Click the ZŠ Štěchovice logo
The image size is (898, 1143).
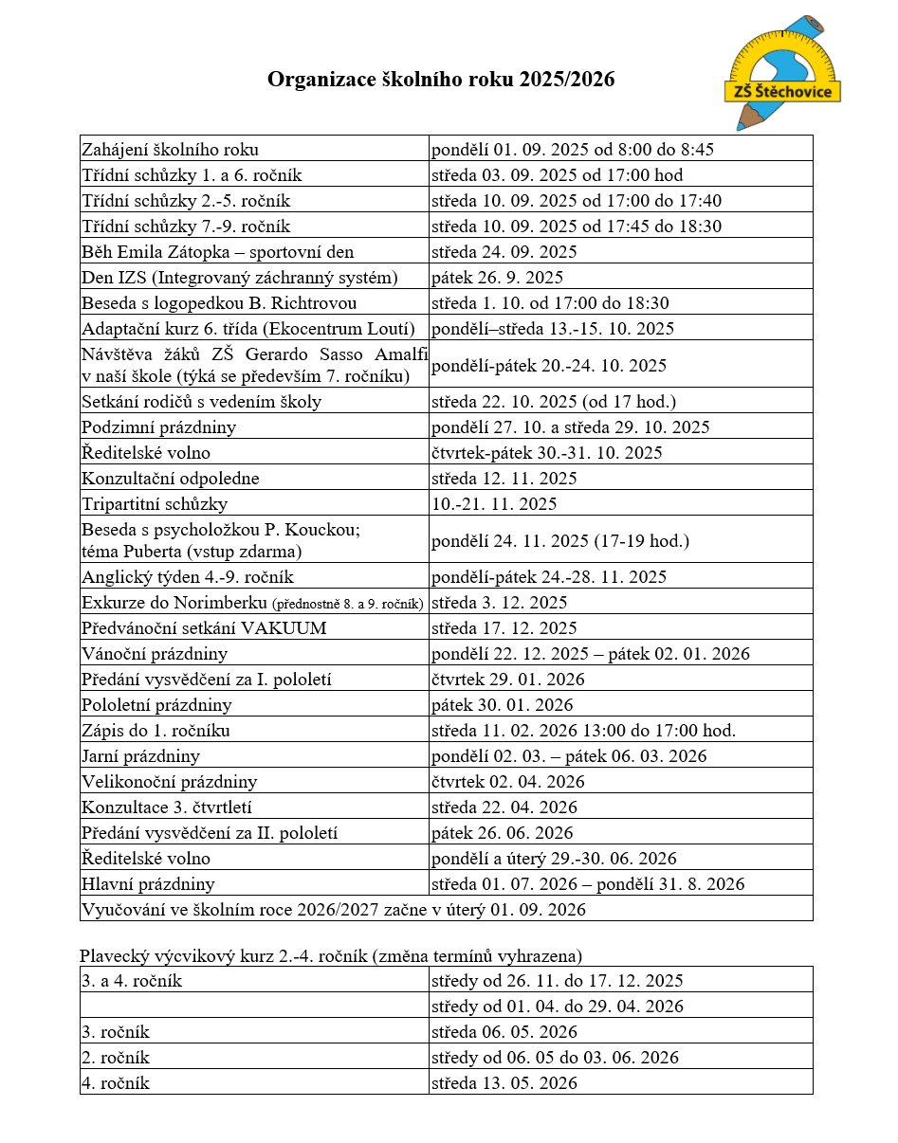[782, 74]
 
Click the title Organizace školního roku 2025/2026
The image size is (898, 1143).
[441, 80]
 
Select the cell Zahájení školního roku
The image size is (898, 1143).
[171, 150]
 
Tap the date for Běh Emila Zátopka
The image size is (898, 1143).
[504, 252]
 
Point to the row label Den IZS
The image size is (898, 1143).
[239, 278]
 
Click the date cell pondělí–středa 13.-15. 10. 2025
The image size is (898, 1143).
[553, 329]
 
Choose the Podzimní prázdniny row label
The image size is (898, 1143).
[159, 427]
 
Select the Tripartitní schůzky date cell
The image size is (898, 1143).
[495, 504]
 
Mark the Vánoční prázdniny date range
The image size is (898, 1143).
[591, 654]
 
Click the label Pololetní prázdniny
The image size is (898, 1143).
[156, 705]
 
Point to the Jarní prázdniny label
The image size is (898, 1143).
[141, 756]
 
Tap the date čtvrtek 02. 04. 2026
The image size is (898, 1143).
[508, 782]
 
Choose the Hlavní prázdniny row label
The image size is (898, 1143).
[149, 884]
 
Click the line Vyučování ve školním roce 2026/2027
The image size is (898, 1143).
[334, 910]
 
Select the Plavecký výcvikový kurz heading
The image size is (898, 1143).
[331, 955]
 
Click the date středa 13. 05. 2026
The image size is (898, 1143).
[504, 1083]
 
